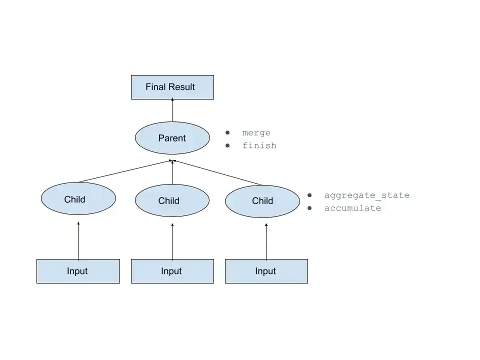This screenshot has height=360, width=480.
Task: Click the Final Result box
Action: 172,87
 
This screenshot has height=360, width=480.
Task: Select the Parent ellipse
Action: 172,138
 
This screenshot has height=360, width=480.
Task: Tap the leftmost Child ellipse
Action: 78,198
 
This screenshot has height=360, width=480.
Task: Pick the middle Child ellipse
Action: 172,200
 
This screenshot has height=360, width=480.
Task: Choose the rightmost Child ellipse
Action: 262,201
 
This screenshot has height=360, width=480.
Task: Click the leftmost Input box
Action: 78,271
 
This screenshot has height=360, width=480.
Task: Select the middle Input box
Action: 172,271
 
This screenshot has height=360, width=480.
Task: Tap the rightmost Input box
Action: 266,271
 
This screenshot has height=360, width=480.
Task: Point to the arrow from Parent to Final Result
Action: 172,110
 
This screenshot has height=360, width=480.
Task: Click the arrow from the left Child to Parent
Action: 125,171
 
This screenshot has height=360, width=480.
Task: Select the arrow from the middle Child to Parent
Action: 172,172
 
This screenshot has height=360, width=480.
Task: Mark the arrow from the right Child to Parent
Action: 217,172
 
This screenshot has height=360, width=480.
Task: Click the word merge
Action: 256,133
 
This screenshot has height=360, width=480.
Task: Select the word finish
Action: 259,145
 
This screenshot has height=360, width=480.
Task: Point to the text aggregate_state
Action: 366,195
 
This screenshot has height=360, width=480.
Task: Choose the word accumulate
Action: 352,208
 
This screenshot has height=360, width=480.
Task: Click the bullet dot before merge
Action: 227,132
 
